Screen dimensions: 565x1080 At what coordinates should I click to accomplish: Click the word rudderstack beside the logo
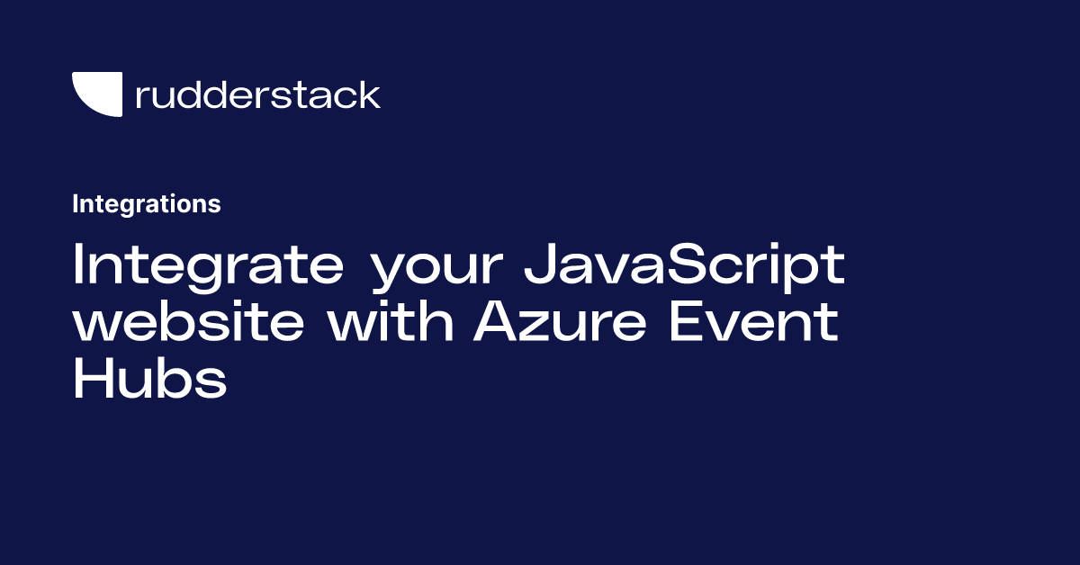point(257,94)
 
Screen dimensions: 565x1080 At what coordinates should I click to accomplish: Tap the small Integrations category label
point(146,204)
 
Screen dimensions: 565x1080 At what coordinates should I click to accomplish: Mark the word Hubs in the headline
point(148,380)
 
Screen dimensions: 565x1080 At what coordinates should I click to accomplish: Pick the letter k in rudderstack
point(370,94)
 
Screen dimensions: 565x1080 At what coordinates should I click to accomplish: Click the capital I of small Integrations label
point(75,204)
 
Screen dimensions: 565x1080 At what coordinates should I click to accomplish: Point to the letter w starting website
point(97,327)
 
